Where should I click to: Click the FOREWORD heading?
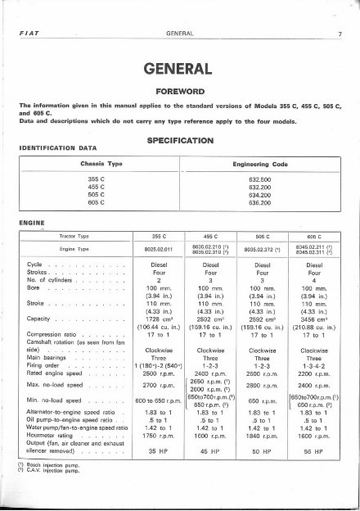coord(179,91)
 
